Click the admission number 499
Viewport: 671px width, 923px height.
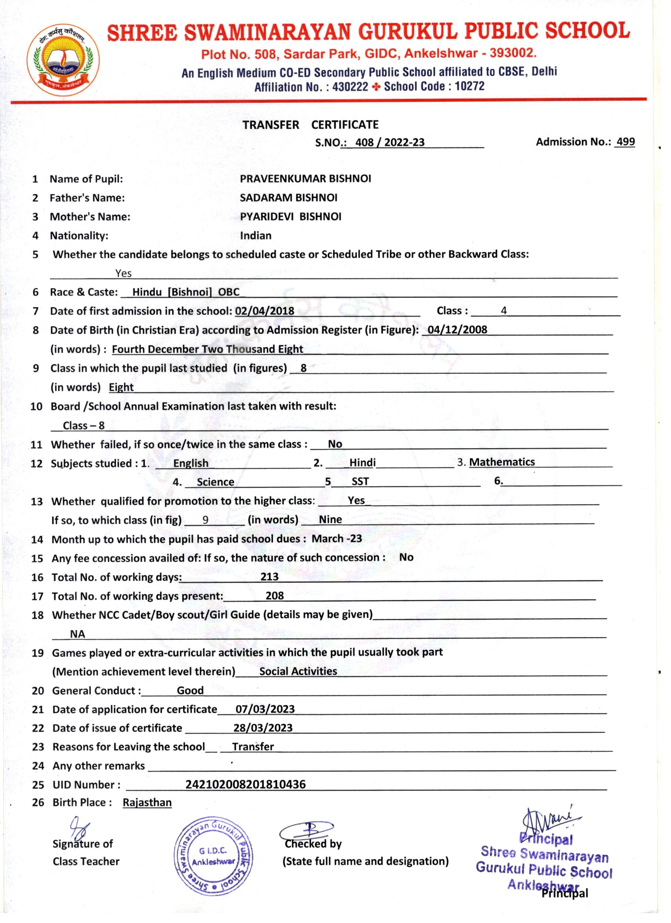tap(626, 142)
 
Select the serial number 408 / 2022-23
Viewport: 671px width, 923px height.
tap(390, 142)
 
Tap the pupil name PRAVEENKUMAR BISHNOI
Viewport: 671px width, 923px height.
tap(305, 179)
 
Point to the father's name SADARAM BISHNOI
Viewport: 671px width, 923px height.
tap(288, 198)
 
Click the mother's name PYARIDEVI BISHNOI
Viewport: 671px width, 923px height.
tap(291, 216)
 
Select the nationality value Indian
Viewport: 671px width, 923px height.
tap(255, 236)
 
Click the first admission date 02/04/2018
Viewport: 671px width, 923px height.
tap(264, 311)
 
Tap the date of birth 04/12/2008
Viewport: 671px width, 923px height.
tap(457, 330)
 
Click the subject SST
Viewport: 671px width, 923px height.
tap(360, 482)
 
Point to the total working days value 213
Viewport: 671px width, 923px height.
tap(269, 577)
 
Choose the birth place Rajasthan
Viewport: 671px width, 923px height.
tap(147, 803)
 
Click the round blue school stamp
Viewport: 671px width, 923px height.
tap(213, 856)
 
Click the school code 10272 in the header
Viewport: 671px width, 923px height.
tap(470, 86)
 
